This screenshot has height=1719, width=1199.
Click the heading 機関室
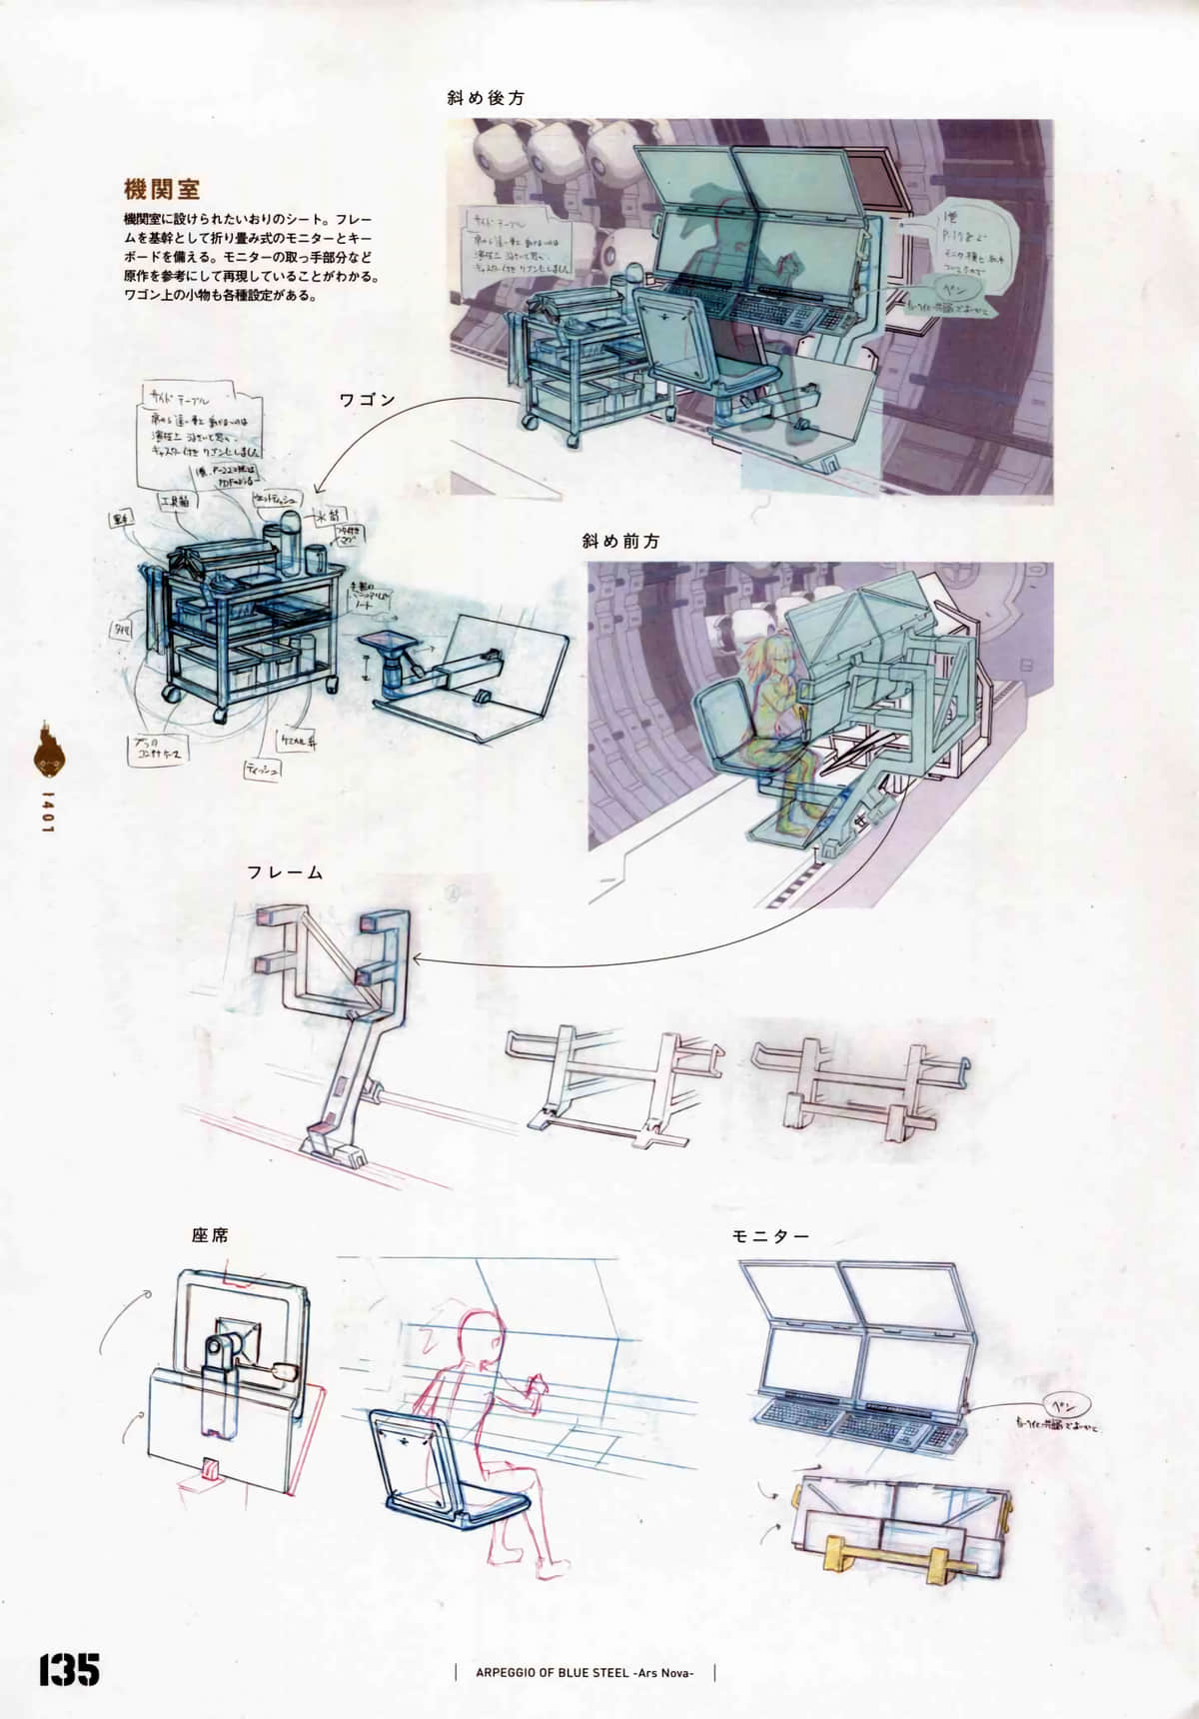(x=162, y=188)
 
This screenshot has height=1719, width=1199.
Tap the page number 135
(x=69, y=1669)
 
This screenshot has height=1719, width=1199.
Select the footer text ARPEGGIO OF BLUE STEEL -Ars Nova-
(x=585, y=1672)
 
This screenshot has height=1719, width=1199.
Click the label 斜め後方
(x=486, y=98)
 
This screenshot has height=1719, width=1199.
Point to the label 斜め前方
(x=620, y=541)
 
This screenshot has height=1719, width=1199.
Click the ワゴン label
(x=367, y=400)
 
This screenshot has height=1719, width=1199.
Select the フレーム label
(x=285, y=872)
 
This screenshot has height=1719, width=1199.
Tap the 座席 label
(x=210, y=1235)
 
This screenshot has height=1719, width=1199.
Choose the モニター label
(x=770, y=1236)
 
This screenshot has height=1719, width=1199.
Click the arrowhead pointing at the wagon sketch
(x=318, y=490)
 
